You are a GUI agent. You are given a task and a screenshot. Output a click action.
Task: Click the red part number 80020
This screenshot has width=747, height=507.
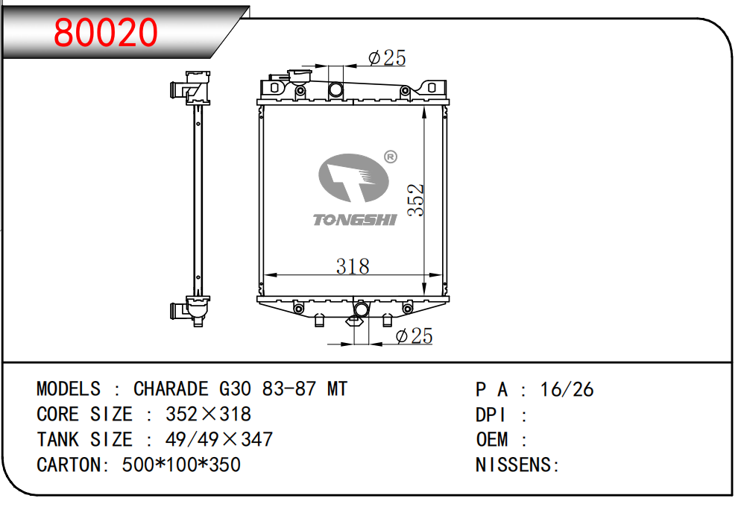click(x=107, y=32)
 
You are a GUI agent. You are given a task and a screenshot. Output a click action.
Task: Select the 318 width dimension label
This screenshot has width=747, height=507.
click(x=352, y=266)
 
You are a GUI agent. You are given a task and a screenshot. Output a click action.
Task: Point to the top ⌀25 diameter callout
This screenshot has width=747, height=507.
click(x=387, y=57)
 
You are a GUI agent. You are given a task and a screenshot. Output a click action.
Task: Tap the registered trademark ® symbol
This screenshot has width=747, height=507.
click(x=390, y=157)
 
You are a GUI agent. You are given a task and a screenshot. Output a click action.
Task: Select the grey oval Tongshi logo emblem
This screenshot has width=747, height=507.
click(x=353, y=179)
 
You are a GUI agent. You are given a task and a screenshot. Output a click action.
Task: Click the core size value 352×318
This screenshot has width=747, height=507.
click(x=208, y=414)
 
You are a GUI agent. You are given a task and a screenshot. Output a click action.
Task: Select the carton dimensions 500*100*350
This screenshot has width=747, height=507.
click(x=181, y=465)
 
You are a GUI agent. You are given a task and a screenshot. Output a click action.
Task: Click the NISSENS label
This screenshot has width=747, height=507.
click(x=517, y=465)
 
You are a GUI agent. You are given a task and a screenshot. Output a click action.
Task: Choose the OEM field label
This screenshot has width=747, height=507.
click(x=492, y=439)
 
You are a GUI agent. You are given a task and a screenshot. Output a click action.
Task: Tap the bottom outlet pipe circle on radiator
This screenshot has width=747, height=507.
click(x=362, y=309)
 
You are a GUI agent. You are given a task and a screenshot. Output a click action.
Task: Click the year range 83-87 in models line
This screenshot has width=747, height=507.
click(x=290, y=388)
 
